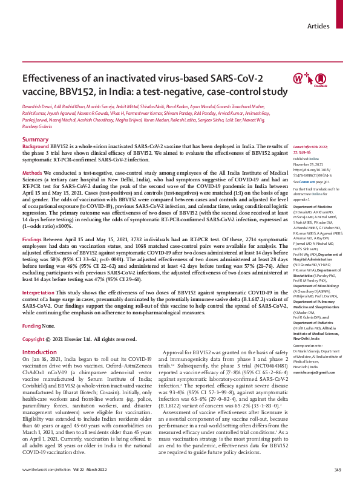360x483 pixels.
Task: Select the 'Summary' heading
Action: coord(35,140)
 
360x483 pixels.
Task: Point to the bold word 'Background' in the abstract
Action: coord(35,147)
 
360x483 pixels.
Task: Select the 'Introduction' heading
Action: coord(39,351)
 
